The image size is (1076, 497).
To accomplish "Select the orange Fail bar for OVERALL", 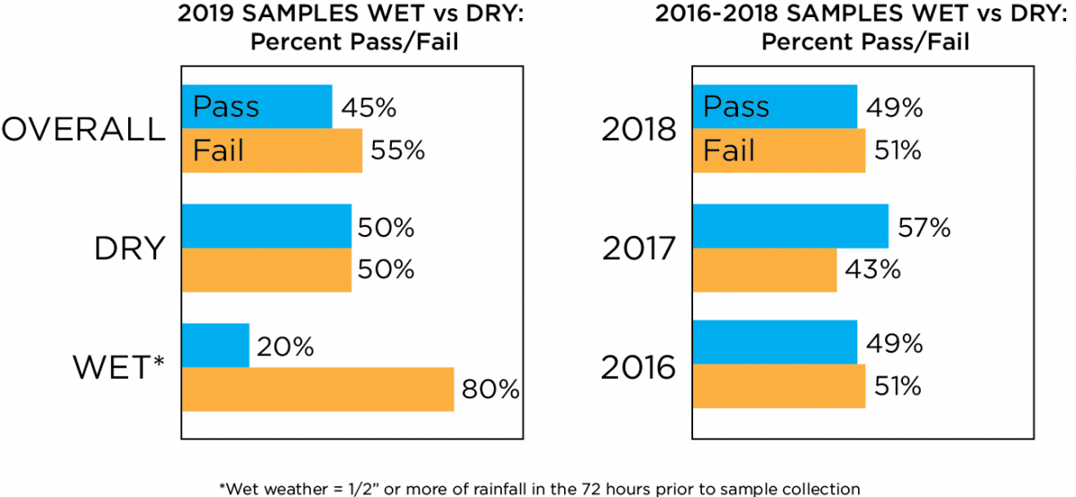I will pyautogui.click(x=272, y=150).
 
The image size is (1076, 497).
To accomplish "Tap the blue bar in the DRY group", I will pyautogui.click(x=266, y=226).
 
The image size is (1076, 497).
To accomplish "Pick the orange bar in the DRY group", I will pyautogui.click(x=266, y=270).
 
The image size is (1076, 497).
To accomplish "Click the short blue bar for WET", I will pyautogui.click(x=215, y=345).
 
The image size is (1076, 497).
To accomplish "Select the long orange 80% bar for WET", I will pyautogui.click(x=317, y=389).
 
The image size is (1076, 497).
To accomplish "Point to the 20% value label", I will pyautogui.click(x=285, y=347).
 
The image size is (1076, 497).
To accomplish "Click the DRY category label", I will pyautogui.click(x=130, y=248).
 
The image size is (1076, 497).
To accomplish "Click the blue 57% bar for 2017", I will pyautogui.click(x=790, y=226).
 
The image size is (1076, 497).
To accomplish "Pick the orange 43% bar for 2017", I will pyautogui.click(x=765, y=270).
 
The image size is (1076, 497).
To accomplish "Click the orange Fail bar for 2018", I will pyautogui.click(x=779, y=150).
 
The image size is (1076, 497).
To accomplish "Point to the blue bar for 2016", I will pyautogui.click(x=775, y=341).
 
